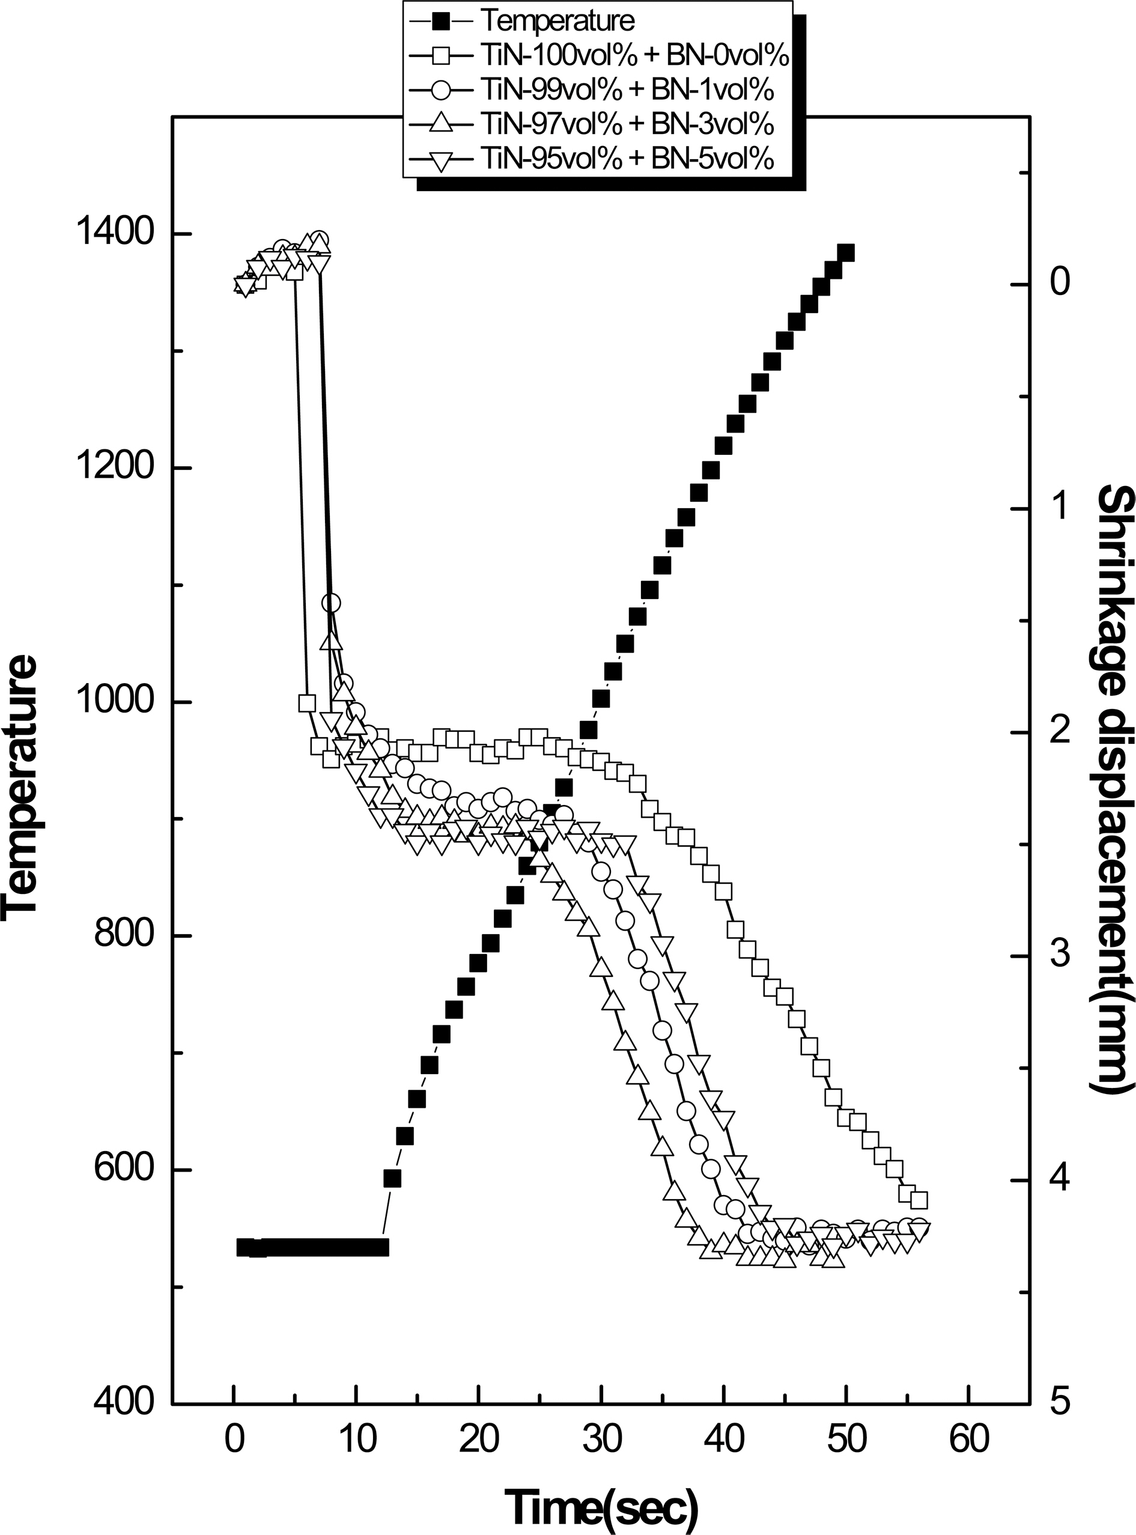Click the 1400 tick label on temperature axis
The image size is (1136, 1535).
[x=114, y=234]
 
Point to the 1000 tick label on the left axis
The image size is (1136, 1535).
[x=114, y=702]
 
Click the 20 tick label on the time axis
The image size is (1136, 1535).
[x=479, y=1457]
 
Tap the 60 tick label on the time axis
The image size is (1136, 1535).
[x=969, y=1457]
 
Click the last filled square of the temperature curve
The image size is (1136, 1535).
[x=846, y=253]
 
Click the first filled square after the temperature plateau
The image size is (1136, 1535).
[x=392, y=1179]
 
